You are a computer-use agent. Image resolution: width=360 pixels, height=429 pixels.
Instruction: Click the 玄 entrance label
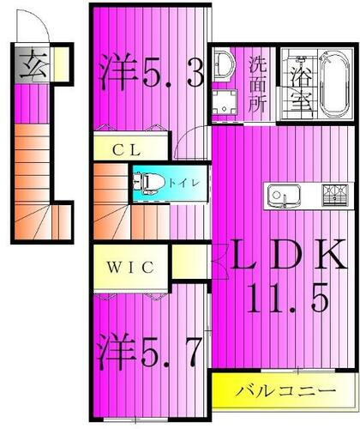tap(32, 64)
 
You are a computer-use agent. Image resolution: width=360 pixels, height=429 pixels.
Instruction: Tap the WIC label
tap(130, 267)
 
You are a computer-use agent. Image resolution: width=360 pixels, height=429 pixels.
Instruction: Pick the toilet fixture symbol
tap(149, 182)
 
